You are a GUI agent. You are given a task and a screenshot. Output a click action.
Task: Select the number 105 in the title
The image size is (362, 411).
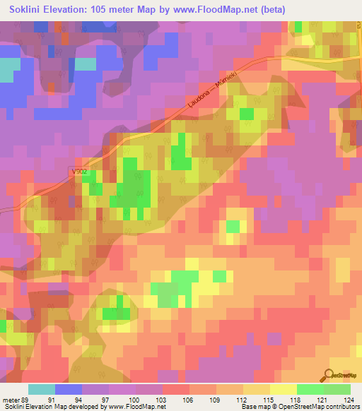coord(110,9)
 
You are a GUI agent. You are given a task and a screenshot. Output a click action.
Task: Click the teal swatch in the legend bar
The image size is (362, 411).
coord(42,389)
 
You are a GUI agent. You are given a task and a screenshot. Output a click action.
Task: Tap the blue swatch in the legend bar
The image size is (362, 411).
coord(69,389)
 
